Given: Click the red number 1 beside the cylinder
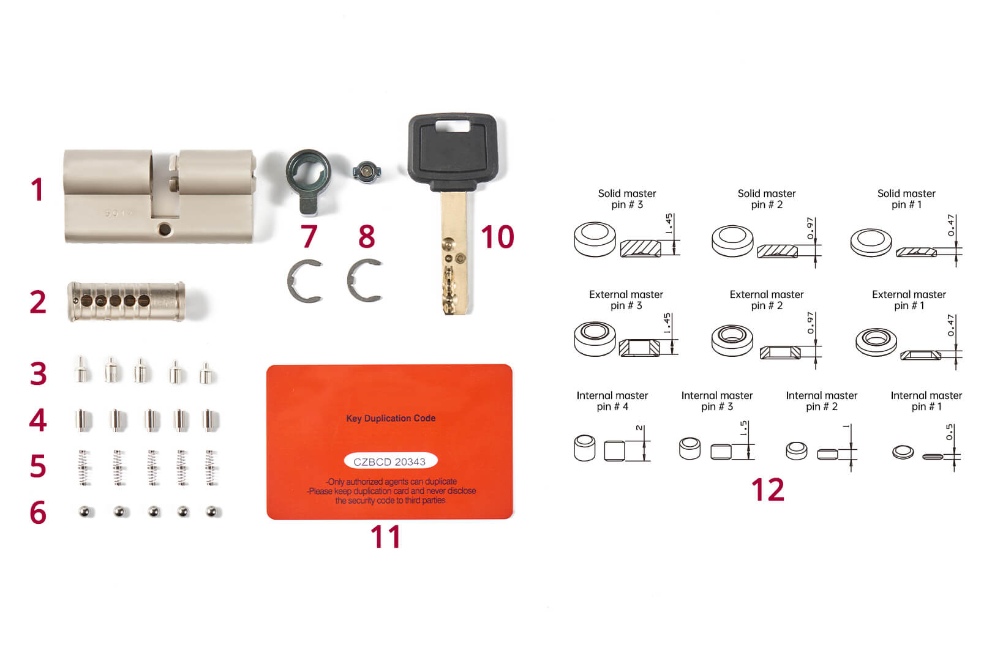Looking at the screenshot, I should (x=37, y=189).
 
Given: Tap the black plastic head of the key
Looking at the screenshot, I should (x=452, y=151).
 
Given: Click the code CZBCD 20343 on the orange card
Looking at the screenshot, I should (x=389, y=461).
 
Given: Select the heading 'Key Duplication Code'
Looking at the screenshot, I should (x=391, y=418).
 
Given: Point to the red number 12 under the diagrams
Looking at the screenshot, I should (x=767, y=490).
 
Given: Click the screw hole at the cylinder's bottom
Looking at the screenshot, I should (x=164, y=230).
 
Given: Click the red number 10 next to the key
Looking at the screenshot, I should (x=497, y=237).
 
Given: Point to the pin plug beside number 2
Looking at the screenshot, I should (x=126, y=301).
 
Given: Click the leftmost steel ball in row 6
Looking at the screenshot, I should (x=86, y=510).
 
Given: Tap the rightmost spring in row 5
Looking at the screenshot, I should (x=211, y=468).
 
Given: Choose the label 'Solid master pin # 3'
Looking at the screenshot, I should (x=626, y=199).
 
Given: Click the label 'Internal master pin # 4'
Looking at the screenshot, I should (x=612, y=401).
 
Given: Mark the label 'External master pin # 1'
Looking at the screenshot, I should (x=909, y=300).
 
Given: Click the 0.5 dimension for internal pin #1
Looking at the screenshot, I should (x=949, y=432).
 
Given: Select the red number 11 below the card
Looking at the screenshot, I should (x=385, y=537).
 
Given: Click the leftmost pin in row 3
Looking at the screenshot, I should (x=81, y=370).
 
